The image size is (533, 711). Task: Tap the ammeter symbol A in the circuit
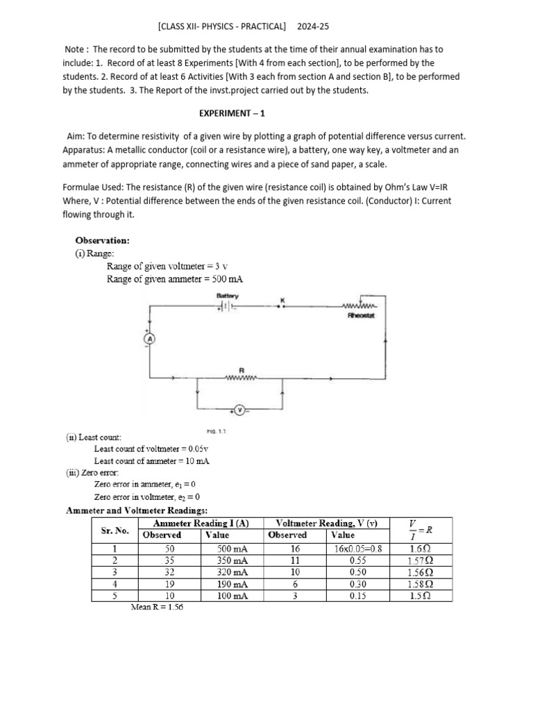(x=147, y=338)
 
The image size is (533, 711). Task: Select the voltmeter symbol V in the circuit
(x=239, y=410)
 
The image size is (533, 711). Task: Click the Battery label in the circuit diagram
(x=227, y=295)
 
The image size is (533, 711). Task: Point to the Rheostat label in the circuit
(x=361, y=315)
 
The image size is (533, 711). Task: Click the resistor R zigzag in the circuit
(x=241, y=378)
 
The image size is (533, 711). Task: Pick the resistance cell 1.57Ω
(x=420, y=560)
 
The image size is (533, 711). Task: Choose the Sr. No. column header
(x=115, y=530)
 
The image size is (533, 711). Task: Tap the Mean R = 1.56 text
(x=157, y=607)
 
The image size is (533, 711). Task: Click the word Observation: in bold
(x=102, y=240)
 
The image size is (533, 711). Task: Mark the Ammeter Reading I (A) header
(x=202, y=523)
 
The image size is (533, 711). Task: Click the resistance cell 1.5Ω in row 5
(x=420, y=596)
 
